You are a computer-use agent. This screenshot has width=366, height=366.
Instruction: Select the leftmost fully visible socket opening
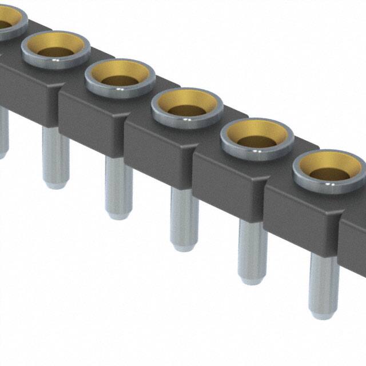coord(55,49)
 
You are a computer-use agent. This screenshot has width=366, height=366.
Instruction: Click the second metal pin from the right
coord(252,252)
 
